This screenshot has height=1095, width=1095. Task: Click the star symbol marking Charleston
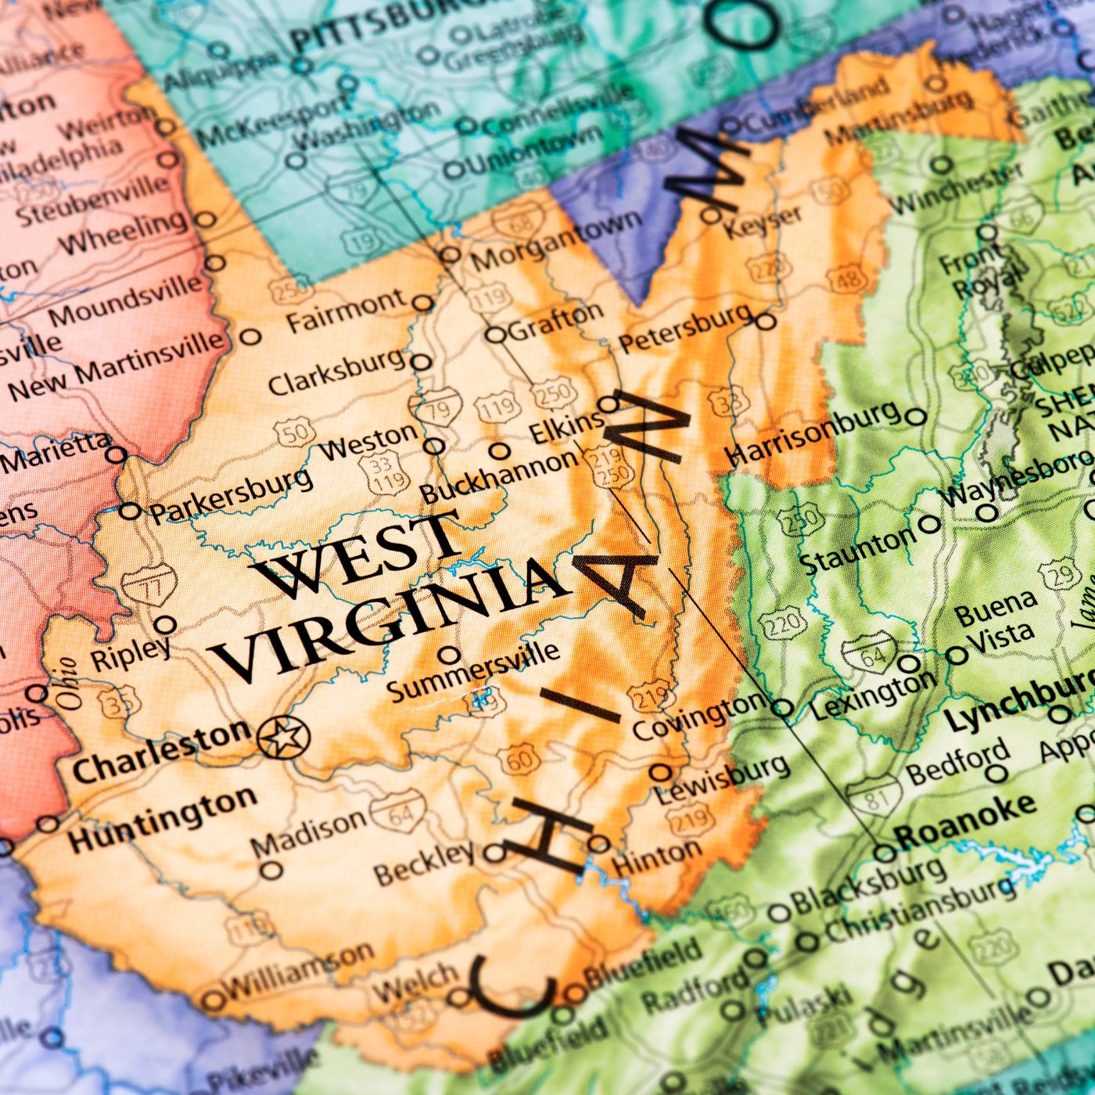pyautogui.click(x=284, y=736)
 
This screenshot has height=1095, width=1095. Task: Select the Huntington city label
pyautogui.click(x=162, y=820)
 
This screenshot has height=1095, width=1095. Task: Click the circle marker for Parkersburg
pyautogui.click(x=130, y=512)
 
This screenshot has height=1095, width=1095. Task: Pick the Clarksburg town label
pyautogui.click(x=336, y=372)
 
